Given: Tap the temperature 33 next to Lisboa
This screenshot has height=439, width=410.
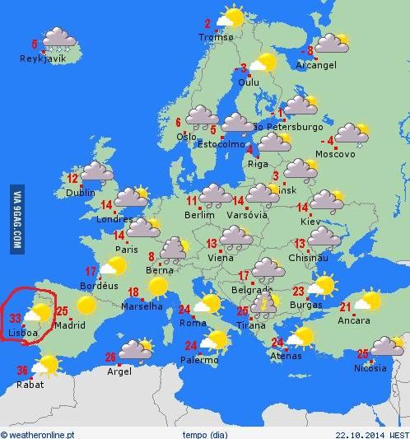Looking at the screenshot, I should click(16, 318).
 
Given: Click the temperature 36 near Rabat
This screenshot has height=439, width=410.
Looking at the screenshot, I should click(23, 369).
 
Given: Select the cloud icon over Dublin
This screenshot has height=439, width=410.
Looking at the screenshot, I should click(96, 171).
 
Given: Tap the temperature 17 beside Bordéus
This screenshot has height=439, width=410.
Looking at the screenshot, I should click(91, 271).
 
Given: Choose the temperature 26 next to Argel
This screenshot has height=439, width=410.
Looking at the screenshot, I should click(110, 357).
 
